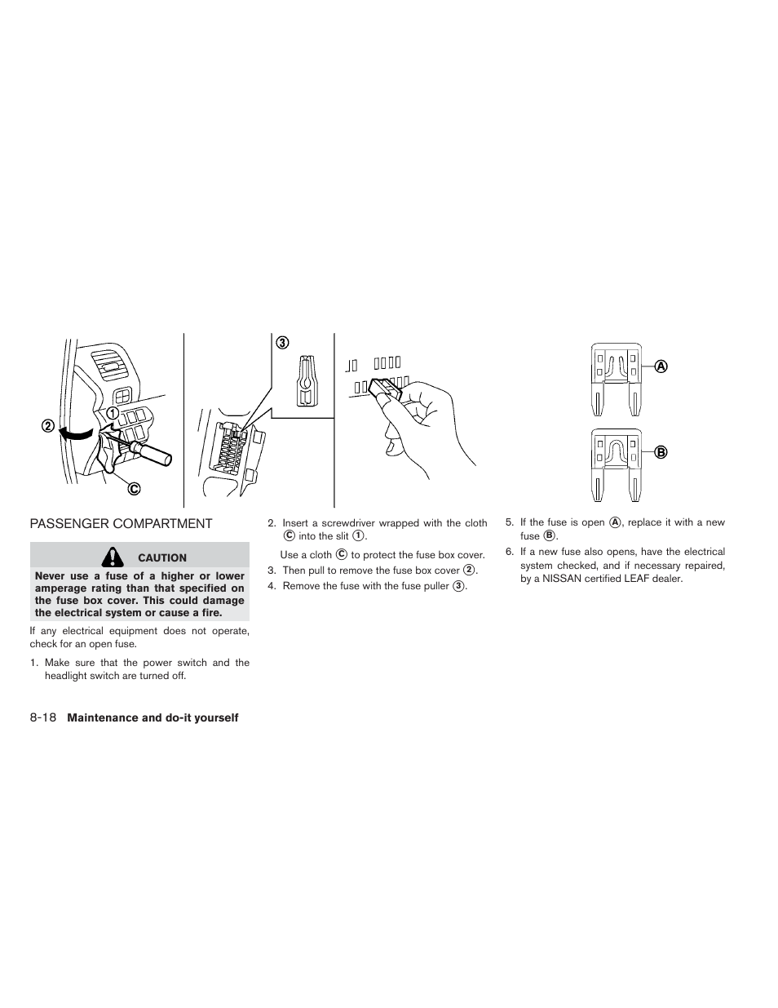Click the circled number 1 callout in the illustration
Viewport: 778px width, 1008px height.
click(113, 412)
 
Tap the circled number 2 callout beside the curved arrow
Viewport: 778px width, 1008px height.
click(48, 426)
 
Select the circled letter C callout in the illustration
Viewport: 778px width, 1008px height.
click(133, 488)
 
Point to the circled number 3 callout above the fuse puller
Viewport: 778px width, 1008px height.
click(281, 343)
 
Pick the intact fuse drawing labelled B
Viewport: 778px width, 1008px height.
click(616, 464)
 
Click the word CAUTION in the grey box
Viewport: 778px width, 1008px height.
click(162, 558)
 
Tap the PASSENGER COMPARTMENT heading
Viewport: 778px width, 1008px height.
click(121, 524)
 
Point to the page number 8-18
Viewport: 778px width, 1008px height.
click(43, 717)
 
